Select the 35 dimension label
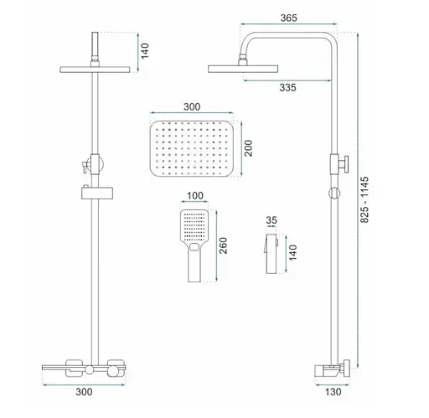[271, 221]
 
